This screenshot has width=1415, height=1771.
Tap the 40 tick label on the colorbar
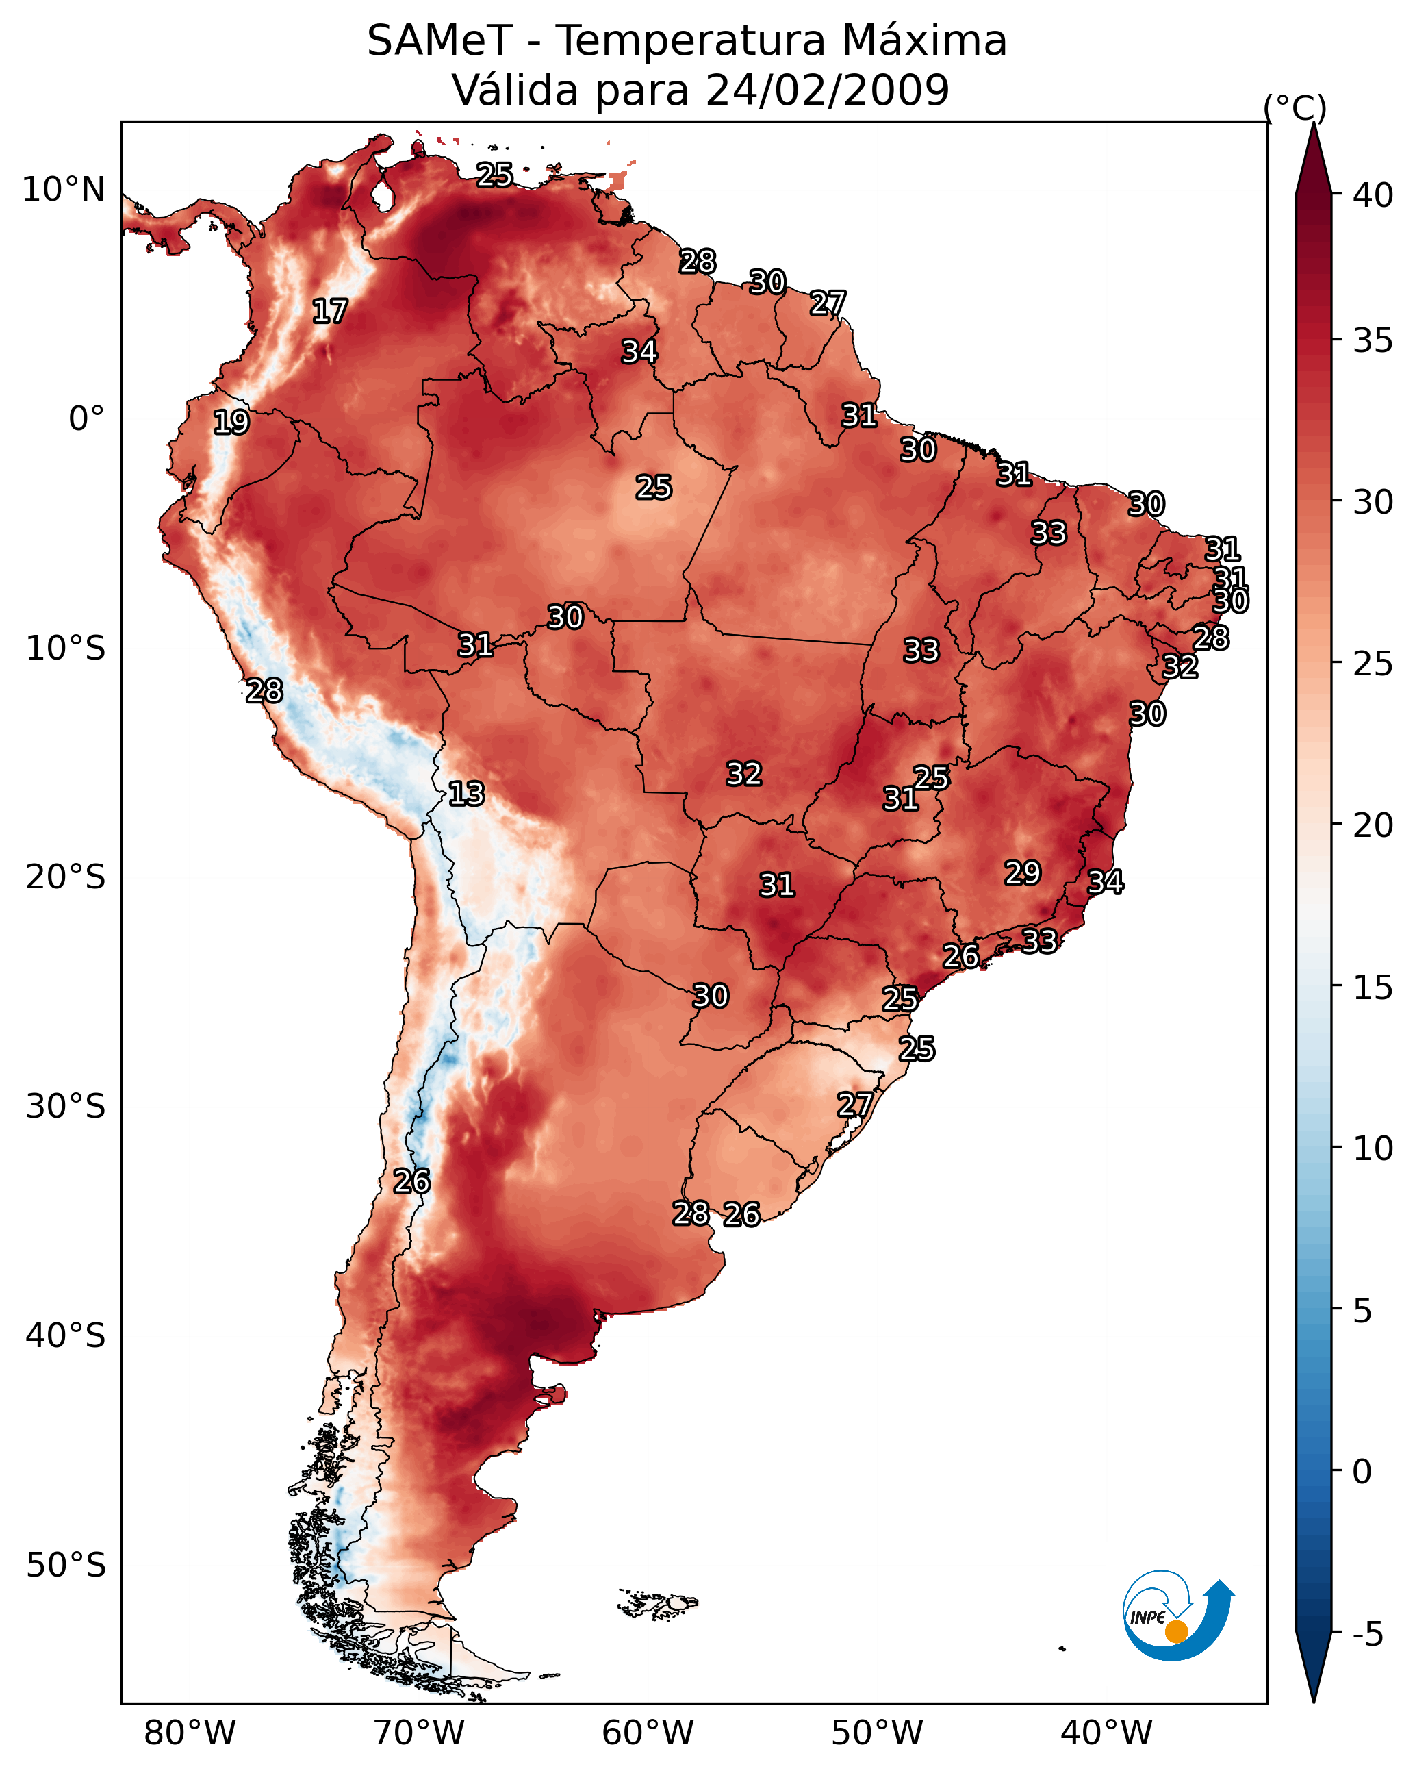(1373, 195)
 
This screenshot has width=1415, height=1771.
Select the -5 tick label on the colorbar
(1367, 1635)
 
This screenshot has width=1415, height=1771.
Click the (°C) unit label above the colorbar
(1295, 108)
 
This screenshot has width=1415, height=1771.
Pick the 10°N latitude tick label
(63, 190)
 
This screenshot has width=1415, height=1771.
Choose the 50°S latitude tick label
(66, 1566)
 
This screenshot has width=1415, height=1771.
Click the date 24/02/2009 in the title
(827, 90)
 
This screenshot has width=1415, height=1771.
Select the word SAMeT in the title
(439, 41)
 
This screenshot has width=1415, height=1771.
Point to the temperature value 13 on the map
(466, 794)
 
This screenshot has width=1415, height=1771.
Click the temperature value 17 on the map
(330, 312)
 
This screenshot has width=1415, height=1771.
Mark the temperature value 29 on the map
(1023, 873)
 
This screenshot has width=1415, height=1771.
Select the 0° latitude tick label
(86, 419)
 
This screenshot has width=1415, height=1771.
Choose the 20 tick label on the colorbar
(1373, 825)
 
